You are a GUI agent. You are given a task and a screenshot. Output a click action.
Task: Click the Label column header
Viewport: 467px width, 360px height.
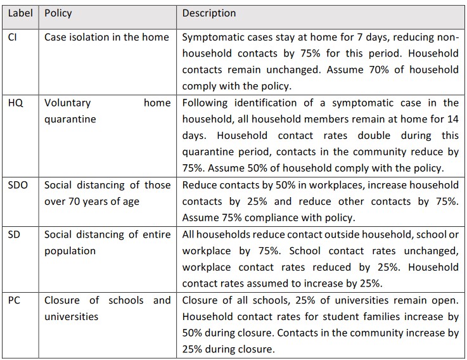coord(20,13)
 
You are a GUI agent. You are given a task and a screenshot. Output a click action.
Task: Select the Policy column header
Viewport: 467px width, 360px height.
coord(58,13)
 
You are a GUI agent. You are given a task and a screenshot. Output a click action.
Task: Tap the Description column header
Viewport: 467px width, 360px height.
coord(209,13)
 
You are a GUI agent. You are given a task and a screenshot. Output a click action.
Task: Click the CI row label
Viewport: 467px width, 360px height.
coord(13,37)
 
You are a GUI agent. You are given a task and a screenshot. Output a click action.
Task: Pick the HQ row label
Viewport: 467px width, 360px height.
coord(15,103)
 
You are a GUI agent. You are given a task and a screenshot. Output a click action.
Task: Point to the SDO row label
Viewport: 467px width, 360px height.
coord(18,185)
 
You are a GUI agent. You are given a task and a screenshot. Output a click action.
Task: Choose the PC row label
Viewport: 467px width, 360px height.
coord(14,300)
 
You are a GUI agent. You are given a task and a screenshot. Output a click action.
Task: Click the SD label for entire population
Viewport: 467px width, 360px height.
coord(13,235)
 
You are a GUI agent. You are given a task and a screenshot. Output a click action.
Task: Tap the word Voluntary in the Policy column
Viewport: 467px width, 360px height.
coord(68,103)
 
